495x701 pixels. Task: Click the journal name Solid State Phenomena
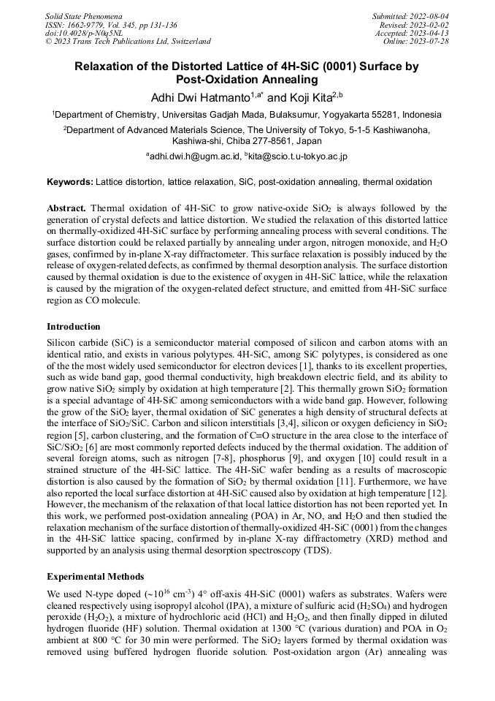(x=83, y=15)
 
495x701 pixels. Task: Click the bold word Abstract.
(x=66, y=208)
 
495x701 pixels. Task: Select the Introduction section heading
(x=74, y=326)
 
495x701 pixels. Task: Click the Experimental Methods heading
(x=95, y=577)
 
